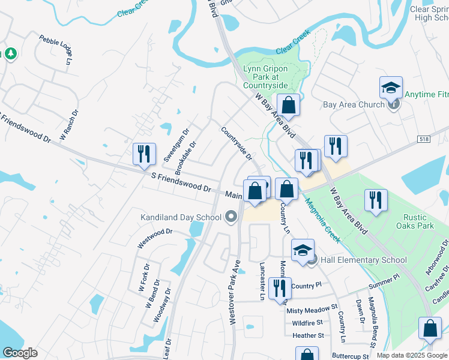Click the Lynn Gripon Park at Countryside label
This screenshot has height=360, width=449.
click(x=265, y=77)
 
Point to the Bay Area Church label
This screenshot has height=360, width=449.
click(x=354, y=104)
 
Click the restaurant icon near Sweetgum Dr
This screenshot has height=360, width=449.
click(x=144, y=154)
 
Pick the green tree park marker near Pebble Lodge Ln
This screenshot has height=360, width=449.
click(x=11, y=54)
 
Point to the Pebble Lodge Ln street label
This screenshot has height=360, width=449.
click(x=55, y=49)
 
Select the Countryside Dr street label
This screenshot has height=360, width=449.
click(x=237, y=143)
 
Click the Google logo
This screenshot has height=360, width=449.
click(x=20, y=353)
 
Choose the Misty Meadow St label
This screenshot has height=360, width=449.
click(x=312, y=310)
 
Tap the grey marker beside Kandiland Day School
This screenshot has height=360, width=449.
click(x=231, y=217)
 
